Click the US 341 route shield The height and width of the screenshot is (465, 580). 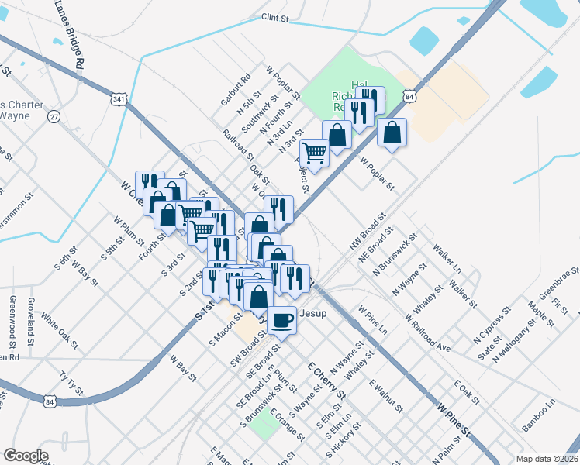point(118,100)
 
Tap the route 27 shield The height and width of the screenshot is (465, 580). point(53,116)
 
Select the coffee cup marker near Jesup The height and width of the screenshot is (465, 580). point(282,319)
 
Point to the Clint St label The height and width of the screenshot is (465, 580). point(275,16)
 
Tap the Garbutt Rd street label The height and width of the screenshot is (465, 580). point(236,90)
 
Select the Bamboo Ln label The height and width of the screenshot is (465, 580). point(538,415)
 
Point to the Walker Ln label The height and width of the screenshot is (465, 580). point(448,259)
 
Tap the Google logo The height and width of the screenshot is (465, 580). point(26,456)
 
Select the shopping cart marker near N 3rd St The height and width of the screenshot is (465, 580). point(314,153)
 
